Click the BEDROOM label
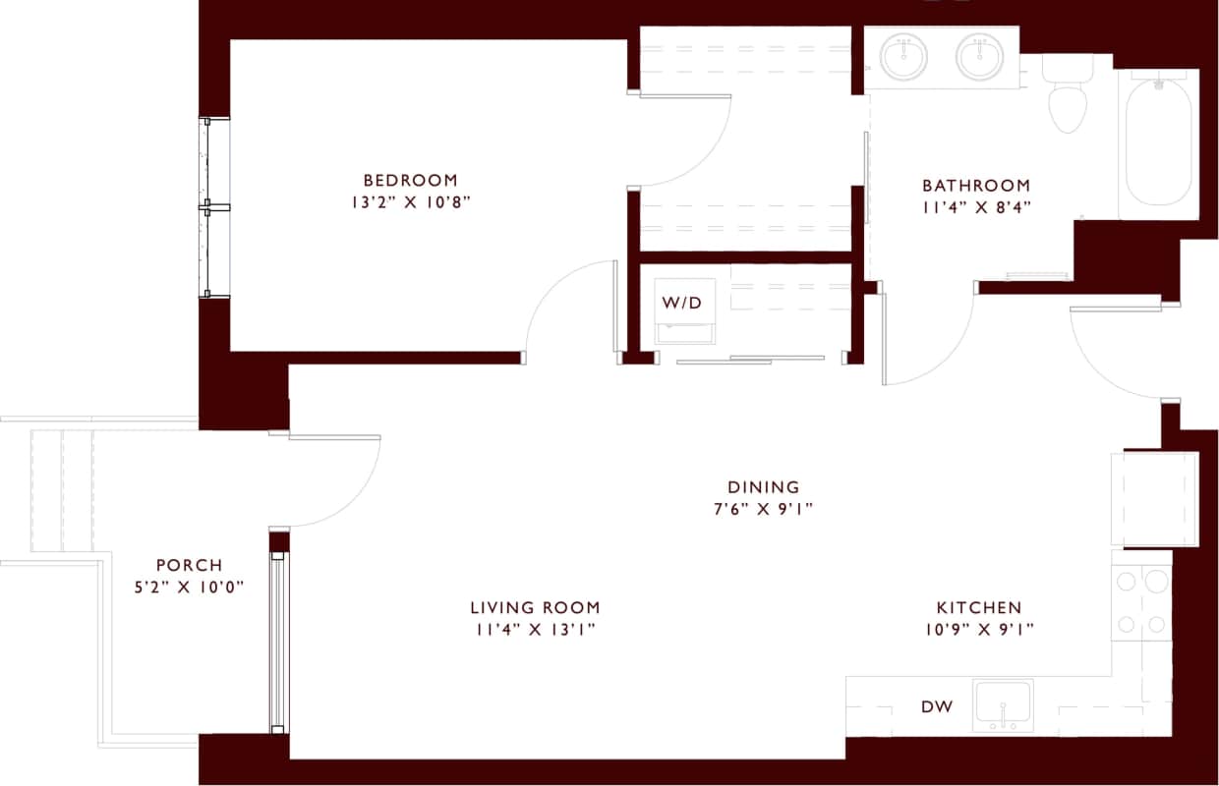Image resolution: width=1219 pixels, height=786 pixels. [x=410, y=180]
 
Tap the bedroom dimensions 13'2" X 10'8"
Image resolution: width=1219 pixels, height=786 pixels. [x=410, y=202]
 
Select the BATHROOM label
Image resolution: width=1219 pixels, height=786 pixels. [x=975, y=185]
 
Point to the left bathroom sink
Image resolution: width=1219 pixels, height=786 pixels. [x=903, y=57]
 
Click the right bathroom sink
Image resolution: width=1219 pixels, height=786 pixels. [x=979, y=57]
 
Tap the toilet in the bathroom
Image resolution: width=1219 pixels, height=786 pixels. [x=1067, y=98]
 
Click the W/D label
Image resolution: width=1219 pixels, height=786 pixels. [x=682, y=302]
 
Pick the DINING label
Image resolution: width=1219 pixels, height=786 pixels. [x=763, y=486]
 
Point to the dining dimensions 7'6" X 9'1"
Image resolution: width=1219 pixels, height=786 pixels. [x=763, y=509]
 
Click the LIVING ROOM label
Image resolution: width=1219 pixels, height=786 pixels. [x=535, y=607]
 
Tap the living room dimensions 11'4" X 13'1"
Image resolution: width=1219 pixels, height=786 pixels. [x=535, y=630]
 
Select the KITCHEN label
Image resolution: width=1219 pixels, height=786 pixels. [x=978, y=607]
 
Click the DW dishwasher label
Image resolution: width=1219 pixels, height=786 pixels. [x=936, y=706]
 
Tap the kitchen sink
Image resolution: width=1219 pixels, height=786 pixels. [x=1003, y=704]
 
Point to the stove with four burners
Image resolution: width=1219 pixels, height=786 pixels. [x=1141, y=602]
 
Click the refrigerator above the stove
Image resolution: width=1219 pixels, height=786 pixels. [x=1153, y=498]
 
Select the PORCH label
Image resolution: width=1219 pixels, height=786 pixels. [x=189, y=565]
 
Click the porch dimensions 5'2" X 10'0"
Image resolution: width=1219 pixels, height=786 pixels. [x=189, y=588]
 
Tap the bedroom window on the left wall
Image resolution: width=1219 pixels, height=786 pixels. [x=214, y=207]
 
